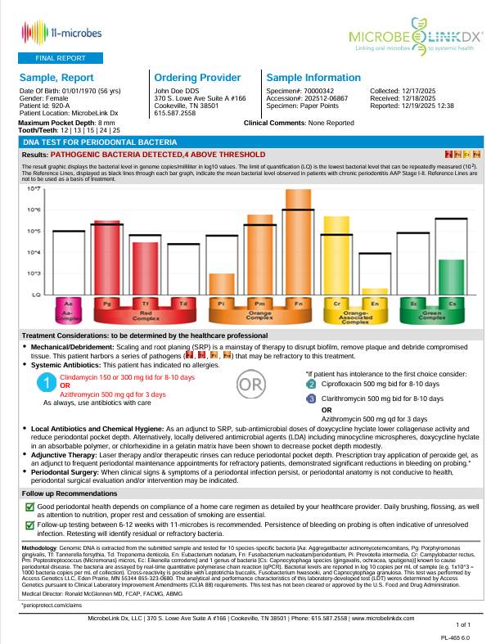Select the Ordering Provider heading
[197, 77]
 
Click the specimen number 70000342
[317, 90]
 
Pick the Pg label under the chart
[107, 304]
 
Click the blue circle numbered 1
[48, 383]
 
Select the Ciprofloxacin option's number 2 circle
[311, 383]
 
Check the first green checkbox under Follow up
[30, 507]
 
